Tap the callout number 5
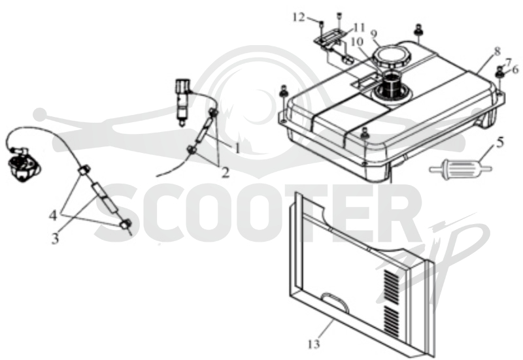click(x=500, y=142)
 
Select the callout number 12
click(x=299, y=17)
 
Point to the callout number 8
click(x=498, y=52)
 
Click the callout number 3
click(x=55, y=238)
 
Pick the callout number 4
click(x=53, y=216)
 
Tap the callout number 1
click(x=237, y=148)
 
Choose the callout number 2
click(x=226, y=172)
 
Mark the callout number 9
click(x=373, y=34)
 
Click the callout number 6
click(x=515, y=70)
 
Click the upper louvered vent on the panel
click(x=392, y=287)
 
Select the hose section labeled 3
click(x=105, y=197)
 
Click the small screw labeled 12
click(x=321, y=24)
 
